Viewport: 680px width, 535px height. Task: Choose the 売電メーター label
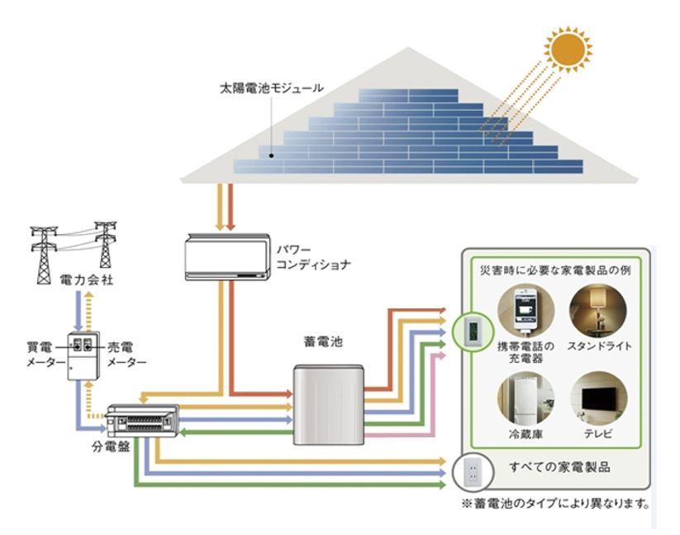pyautogui.click(x=127, y=355)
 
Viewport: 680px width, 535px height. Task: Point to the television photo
pyautogui.click(x=599, y=399)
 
